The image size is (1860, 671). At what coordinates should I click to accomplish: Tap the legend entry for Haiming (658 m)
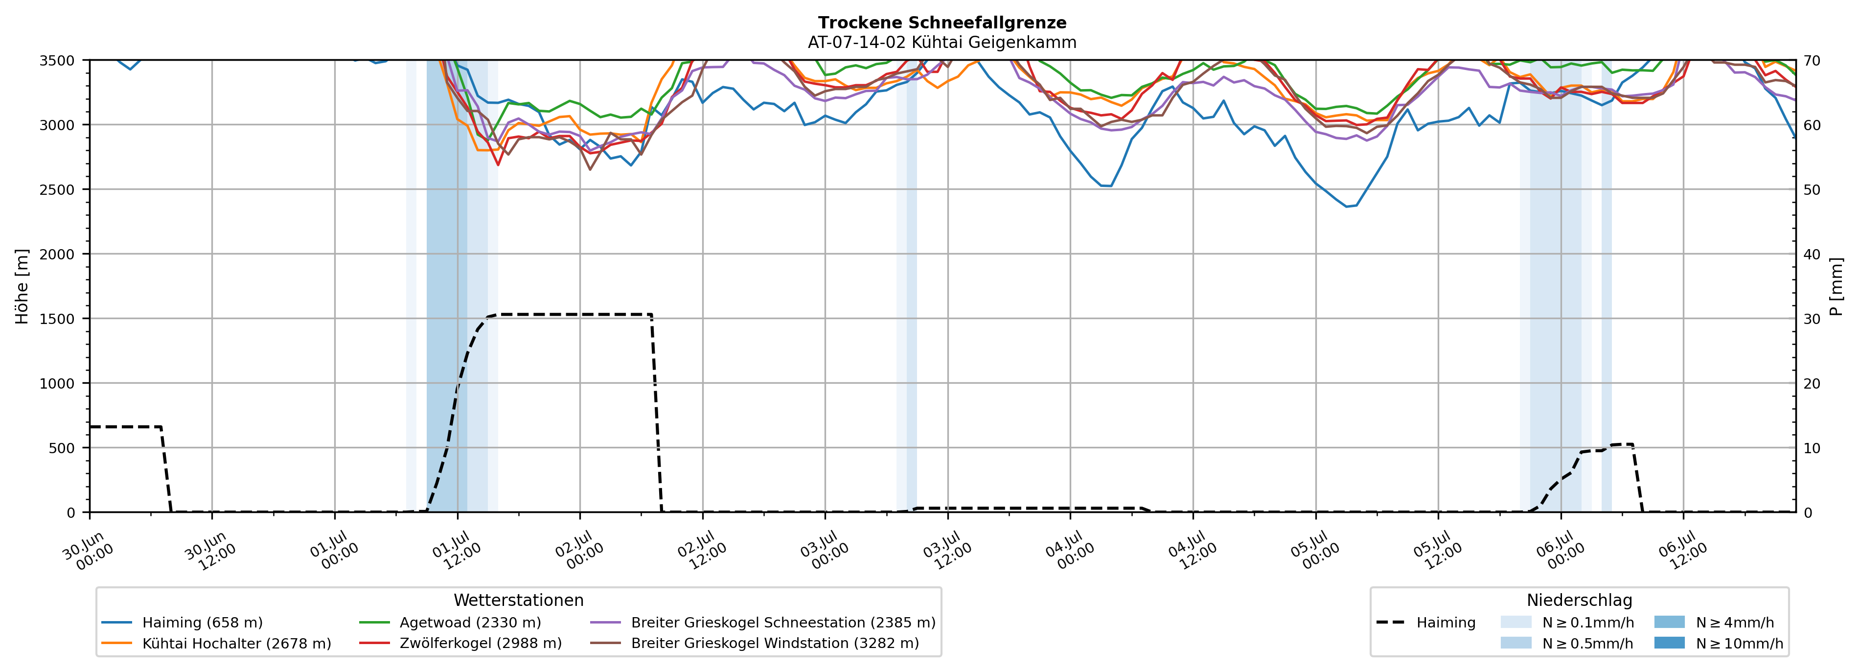182,623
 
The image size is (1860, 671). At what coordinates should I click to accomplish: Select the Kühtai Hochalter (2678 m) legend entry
217,644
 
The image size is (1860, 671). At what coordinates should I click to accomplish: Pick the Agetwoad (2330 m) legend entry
450,623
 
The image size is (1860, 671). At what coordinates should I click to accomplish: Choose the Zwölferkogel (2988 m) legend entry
460,644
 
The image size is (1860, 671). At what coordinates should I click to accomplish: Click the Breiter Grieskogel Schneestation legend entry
762,623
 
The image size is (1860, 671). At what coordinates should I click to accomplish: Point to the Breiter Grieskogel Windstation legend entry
755,644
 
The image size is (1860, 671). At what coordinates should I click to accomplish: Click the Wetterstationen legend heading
518,600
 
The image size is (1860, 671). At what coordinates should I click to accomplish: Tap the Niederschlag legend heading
1579,600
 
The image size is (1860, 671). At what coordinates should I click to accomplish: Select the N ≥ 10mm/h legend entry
1719,644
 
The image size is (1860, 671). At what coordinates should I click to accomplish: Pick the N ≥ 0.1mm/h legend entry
1567,623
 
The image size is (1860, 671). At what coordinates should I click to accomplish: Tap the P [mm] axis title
1837,287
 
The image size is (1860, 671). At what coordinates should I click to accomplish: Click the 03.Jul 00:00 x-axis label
826,551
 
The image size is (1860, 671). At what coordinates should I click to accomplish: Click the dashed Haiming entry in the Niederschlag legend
1426,623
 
